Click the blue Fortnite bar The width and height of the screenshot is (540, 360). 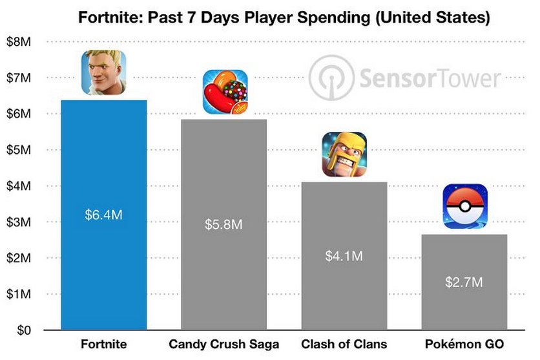point(104,215)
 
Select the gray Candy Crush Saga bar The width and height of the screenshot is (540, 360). point(224,224)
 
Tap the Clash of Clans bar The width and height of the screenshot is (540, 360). point(344,255)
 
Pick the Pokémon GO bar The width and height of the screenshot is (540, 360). point(464,282)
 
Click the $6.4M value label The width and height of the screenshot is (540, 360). point(103,215)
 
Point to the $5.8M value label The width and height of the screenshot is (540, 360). point(224,225)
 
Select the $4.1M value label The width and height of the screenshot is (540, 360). point(344,256)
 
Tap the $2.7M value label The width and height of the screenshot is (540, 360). point(464,282)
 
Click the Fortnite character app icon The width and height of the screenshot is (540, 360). point(103,72)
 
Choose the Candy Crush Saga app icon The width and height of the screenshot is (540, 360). point(225,92)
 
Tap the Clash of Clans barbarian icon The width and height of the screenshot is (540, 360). point(344,154)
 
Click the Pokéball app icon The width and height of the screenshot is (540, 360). point(465,206)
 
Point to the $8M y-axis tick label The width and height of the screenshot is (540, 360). point(19,41)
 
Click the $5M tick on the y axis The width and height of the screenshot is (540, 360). point(19,150)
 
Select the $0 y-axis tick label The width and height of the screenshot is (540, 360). point(24,330)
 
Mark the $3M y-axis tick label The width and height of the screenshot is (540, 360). point(19,222)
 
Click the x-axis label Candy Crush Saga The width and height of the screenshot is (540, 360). point(224,344)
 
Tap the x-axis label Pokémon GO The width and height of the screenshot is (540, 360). point(464,344)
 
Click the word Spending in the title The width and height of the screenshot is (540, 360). point(334,17)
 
